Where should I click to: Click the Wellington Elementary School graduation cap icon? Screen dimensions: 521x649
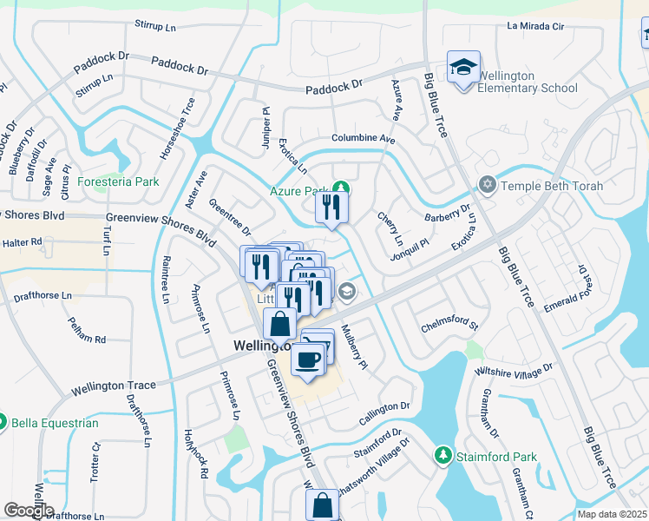click(463, 67)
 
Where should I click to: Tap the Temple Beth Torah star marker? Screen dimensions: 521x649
click(487, 184)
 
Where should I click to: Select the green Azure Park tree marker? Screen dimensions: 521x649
click(342, 188)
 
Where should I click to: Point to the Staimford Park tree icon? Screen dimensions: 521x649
click(443, 456)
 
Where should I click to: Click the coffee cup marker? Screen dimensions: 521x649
click(308, 358)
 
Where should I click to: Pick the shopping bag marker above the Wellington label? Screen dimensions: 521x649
click(280, 325)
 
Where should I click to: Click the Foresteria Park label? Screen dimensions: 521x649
click(118, 182)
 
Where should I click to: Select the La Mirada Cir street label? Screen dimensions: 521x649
click(535, 27)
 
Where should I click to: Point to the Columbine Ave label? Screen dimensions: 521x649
click(363, 139)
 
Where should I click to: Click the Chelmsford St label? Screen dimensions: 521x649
click(449, 326)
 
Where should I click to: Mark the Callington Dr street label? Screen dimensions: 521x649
click(382, 406)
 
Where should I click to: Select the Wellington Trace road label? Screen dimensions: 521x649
click(115, 385)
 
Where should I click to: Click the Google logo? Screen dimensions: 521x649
click(29, 511)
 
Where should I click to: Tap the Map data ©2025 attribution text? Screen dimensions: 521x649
click(612, 514)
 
